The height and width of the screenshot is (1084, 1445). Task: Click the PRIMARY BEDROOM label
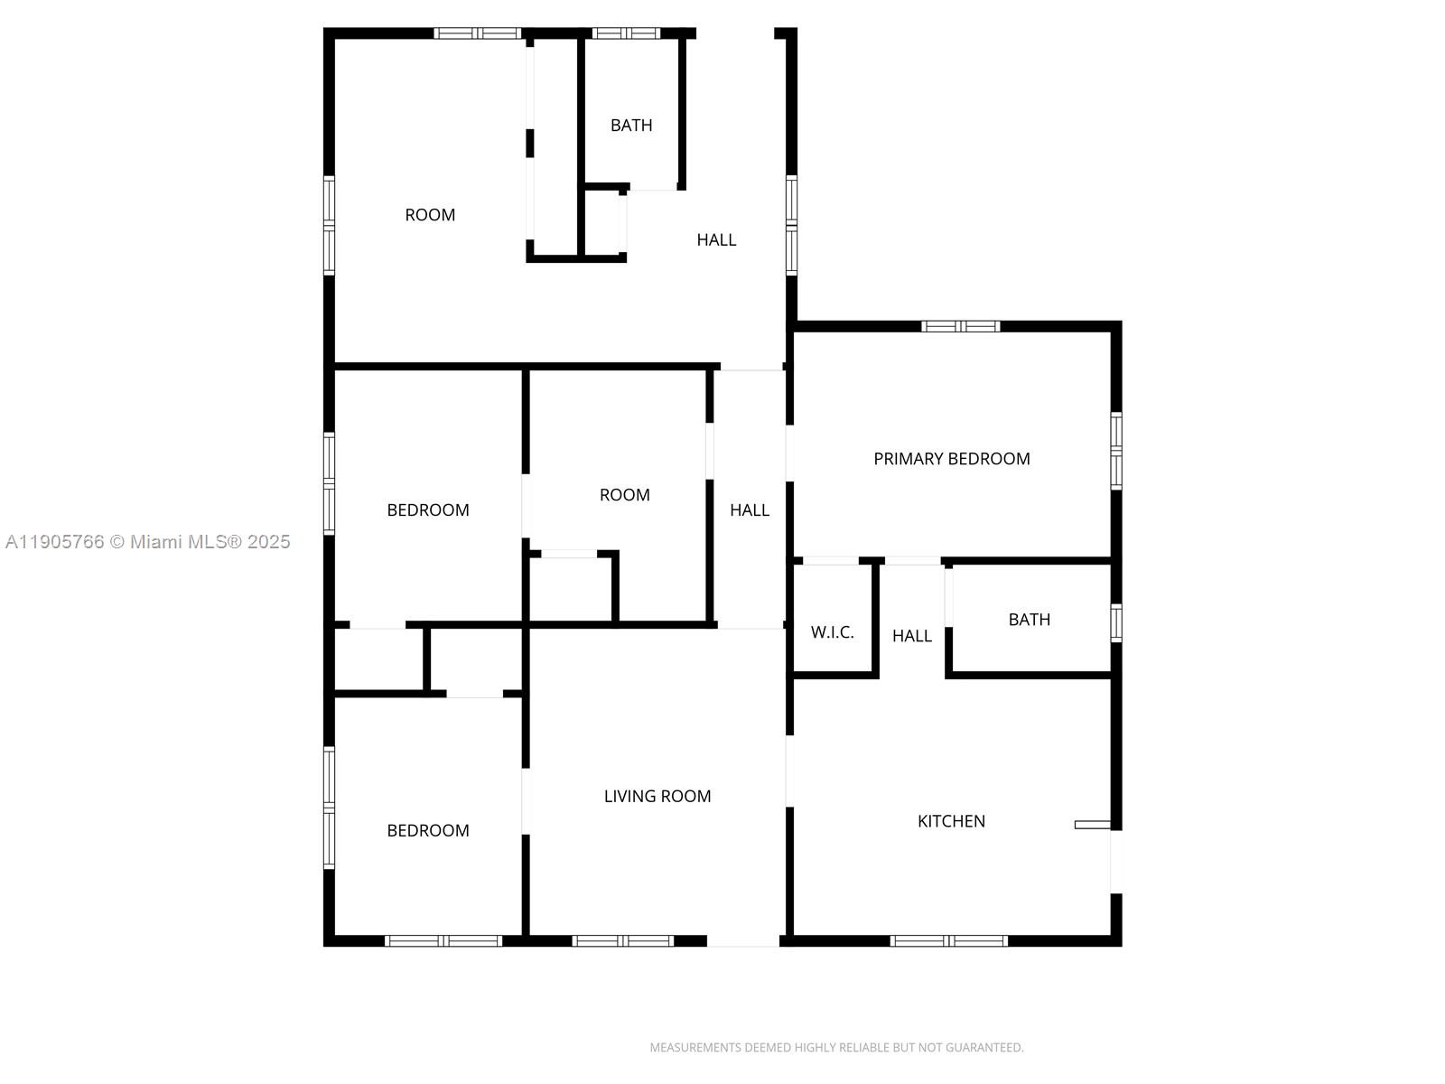951,459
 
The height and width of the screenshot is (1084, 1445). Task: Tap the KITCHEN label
951,821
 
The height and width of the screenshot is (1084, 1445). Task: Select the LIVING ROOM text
657,796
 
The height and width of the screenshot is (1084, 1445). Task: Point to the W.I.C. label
832,632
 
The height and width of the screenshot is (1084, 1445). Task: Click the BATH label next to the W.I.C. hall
1029,620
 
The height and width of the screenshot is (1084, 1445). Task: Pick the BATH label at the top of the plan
631,126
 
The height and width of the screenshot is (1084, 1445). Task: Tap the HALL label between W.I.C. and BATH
911,636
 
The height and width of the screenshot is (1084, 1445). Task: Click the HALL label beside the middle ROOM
749,510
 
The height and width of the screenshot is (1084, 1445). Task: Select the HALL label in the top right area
716,239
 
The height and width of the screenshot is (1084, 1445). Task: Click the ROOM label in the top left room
430,215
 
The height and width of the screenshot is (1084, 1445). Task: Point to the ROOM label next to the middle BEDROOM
624,495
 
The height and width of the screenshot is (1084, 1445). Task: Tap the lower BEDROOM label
428,831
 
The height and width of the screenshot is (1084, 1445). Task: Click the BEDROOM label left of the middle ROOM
428,510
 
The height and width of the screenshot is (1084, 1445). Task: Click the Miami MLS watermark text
148,542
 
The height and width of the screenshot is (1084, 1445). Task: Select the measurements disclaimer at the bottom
836,1048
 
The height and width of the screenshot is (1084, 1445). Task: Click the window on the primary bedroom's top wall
960,326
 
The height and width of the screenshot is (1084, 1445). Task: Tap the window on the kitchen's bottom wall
948,941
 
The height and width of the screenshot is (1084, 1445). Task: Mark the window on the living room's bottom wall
623,941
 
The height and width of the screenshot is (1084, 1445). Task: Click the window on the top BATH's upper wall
626,33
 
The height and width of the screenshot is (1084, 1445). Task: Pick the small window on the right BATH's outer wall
1116,623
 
